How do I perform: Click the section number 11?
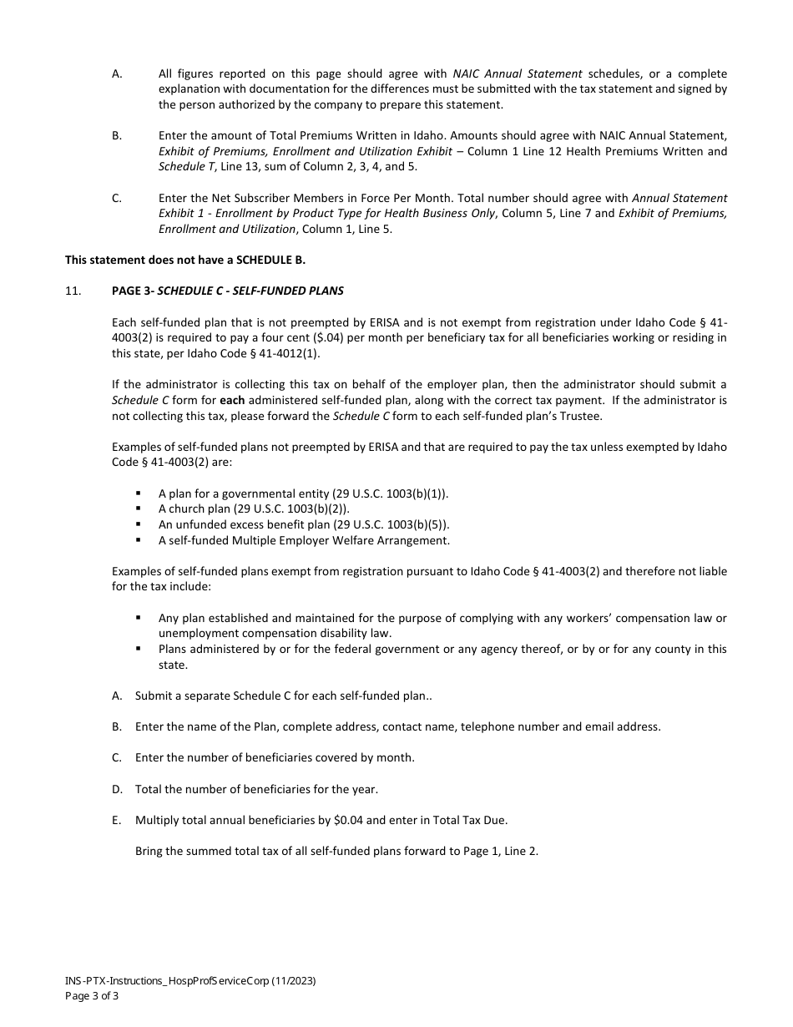tap(73, 291)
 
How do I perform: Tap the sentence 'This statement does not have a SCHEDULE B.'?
tap(185, 260)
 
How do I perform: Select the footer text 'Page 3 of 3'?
tap(92, 995)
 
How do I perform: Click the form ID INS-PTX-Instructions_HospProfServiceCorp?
tap(167, 981)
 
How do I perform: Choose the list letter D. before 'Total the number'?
tap(117, 789)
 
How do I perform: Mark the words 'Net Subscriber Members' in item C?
tap(260, 198)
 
